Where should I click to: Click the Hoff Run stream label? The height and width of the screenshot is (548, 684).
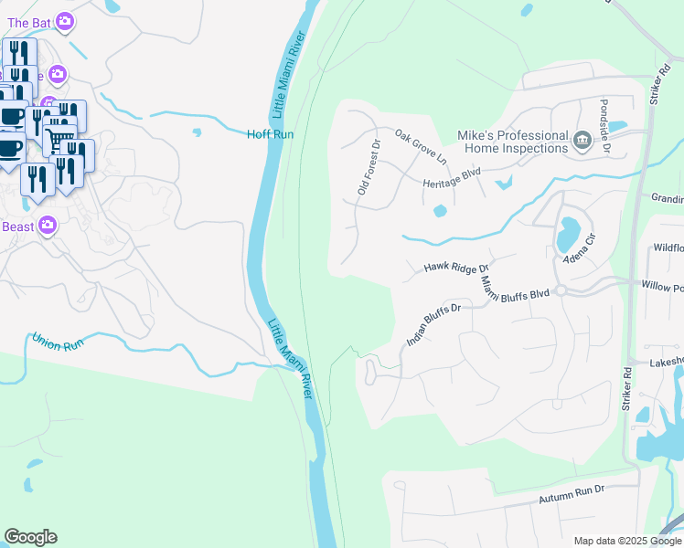pyautogui.click(x=270, y=134)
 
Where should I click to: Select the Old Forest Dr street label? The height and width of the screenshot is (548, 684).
pyautogui.click(x=368, y=167)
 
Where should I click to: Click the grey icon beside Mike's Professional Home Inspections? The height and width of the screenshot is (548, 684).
pyautogui.click(x=582, y=141)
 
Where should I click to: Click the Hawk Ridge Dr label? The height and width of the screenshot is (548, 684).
pyautogui.click(x=451, y=268)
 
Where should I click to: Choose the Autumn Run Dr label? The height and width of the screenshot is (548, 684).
pyautogui.click(x=572, y=494)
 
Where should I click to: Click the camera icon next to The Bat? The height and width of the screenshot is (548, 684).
pyautogui.click(x=64, y=20)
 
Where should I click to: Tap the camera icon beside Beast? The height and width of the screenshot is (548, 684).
pyautogui.click(x=48, y=225)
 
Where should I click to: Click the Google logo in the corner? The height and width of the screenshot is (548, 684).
pyautogui.click(x=30, y=537)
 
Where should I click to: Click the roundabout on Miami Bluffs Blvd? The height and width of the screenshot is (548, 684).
pyautogui.click(x=561, y=290)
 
